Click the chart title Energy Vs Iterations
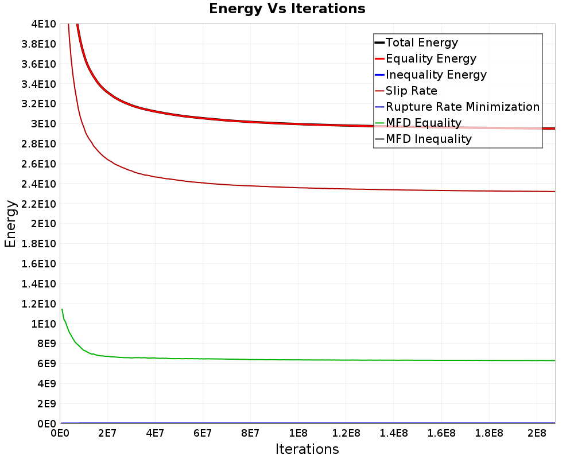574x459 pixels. pos(287,9)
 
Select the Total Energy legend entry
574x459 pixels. pos(421,42)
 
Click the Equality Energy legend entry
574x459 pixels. pos(430,59)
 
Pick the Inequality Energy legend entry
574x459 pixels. pos(436,75)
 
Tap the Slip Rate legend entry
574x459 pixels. pos(411,91)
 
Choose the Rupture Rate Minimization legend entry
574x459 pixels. pos(462,107)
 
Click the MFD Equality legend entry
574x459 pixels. pos(423,123)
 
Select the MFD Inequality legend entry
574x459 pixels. pos(428,139)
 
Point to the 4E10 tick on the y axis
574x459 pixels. pos(43,24)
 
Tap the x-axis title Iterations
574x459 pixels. pos(307,449)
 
